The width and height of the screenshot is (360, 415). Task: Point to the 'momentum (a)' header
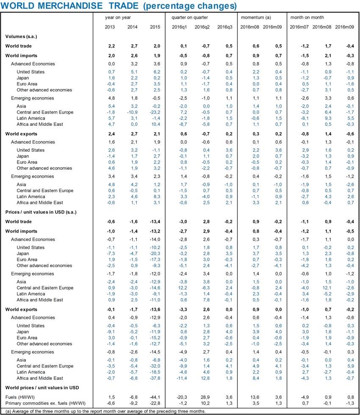pyautogui.click(x=256, y=17)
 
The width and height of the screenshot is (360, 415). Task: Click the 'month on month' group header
pyautogui.click(x=307, y=17)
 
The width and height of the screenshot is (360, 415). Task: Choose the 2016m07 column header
pyautogui.click(x=299, y=27)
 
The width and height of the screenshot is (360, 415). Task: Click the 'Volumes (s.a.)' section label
pyautogui.click(x=21, y=37)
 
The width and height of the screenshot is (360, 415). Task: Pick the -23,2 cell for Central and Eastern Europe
pyautogui.click(x=155, y=112)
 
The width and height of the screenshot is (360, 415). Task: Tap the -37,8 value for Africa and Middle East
pyautogui.click(x=155, y=378)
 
